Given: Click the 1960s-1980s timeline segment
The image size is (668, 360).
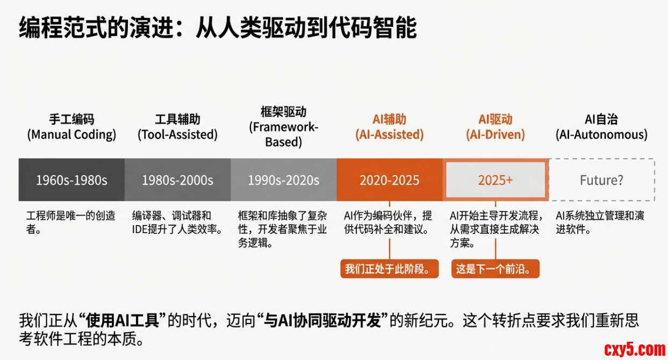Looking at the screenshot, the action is point(71,179).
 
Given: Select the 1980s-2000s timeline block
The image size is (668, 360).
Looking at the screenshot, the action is point(178,179).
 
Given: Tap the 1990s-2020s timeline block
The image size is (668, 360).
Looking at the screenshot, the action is point(284,179).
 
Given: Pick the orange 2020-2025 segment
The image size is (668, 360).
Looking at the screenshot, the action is point(390,179).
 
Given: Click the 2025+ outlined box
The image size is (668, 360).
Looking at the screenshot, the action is point(495,179).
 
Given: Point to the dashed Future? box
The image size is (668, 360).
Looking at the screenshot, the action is point(602,179).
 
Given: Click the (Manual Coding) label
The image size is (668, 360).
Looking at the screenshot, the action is point(71,135).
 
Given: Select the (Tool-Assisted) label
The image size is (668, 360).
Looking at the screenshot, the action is point(177,135).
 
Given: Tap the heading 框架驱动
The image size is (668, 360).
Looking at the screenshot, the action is point(284,112).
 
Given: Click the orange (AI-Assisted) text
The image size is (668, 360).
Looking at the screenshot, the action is point(390,135).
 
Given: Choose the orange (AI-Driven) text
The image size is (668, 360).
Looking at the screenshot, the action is point(495,135).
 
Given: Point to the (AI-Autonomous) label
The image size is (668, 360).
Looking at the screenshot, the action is point(602,135).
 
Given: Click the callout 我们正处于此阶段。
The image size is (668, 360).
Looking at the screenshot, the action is point(390,269).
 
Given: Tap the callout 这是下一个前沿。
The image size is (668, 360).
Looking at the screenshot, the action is point(495,269).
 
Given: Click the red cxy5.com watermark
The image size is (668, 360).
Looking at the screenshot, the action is point(635,350).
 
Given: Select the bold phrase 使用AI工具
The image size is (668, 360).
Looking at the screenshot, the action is point(123,320).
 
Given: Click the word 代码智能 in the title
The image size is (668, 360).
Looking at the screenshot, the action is point(373,28).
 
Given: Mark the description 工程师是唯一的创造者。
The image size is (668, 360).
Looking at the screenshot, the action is point(71,222).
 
